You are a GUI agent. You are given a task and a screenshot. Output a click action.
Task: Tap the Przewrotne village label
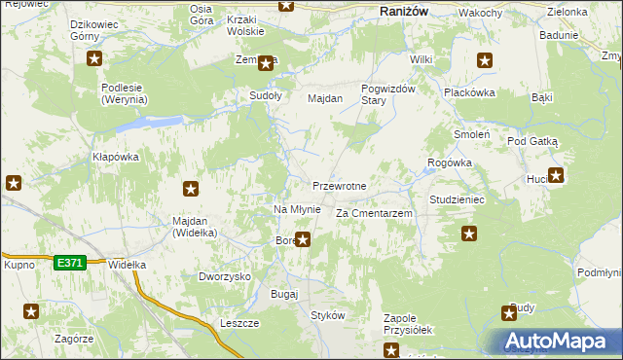pyautogui.click(x=339, y=186)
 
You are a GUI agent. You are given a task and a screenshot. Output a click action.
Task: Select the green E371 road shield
pyautogui.click(x=70, y=262)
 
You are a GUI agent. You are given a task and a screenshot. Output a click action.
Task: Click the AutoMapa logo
pyautogui.click(x=558, y=342)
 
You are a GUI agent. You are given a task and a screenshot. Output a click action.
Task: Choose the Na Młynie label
pyautogui.click(x=296, y=210)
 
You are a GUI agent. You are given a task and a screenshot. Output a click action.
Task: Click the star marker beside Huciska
pyautogui.click(x=556, y=176)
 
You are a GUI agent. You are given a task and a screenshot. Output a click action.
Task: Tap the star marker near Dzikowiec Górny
pyautogui.click(x=94, y=59)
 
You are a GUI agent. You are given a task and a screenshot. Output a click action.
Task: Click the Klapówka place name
pyautogui.click(x=116, y=157)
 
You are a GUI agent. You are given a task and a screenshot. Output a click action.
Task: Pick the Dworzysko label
pyautogui.click(x=225, y=276)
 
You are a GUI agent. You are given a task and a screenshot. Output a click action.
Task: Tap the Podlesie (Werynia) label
pyautogui.click(x=125, y=92)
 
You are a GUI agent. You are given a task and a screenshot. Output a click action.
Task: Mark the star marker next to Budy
pyautogui.click(x=509, y=312)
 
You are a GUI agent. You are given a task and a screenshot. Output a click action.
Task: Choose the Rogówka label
pyautogui.click(x=450, y=162)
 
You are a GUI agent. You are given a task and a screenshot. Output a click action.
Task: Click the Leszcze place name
pyautogui.click(x=238, y=322)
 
